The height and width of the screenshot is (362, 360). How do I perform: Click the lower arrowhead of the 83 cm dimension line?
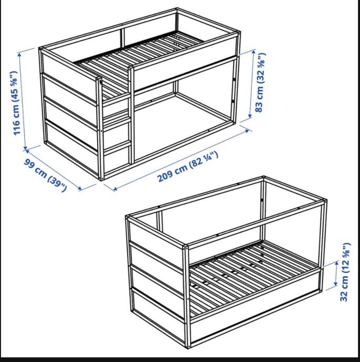point(250,115)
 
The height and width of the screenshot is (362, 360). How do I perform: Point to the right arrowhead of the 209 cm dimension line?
point(247,131)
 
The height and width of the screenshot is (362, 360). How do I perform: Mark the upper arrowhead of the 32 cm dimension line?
point(337,263)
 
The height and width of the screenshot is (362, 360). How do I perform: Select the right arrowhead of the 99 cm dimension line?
point(80,189)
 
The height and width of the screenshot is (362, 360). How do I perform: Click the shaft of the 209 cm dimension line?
point(181,160)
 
